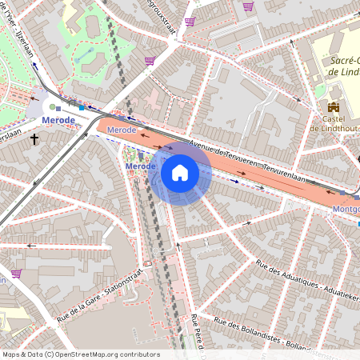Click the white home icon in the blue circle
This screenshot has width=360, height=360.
coord(180,173)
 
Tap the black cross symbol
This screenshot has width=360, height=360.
coord(34,139)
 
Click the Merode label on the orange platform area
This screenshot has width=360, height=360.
coord(122,129)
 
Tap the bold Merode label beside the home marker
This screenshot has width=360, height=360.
coord(142,166)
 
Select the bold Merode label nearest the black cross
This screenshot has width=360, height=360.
coord(58,120)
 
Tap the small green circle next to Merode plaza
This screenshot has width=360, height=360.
coord(52,106)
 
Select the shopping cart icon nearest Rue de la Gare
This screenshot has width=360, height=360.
coord(16,273)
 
